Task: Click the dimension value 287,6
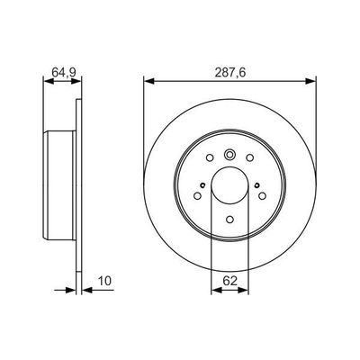229,65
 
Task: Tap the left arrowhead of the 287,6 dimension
147,80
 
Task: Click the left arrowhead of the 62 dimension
213,290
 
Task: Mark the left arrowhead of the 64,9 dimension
46,80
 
